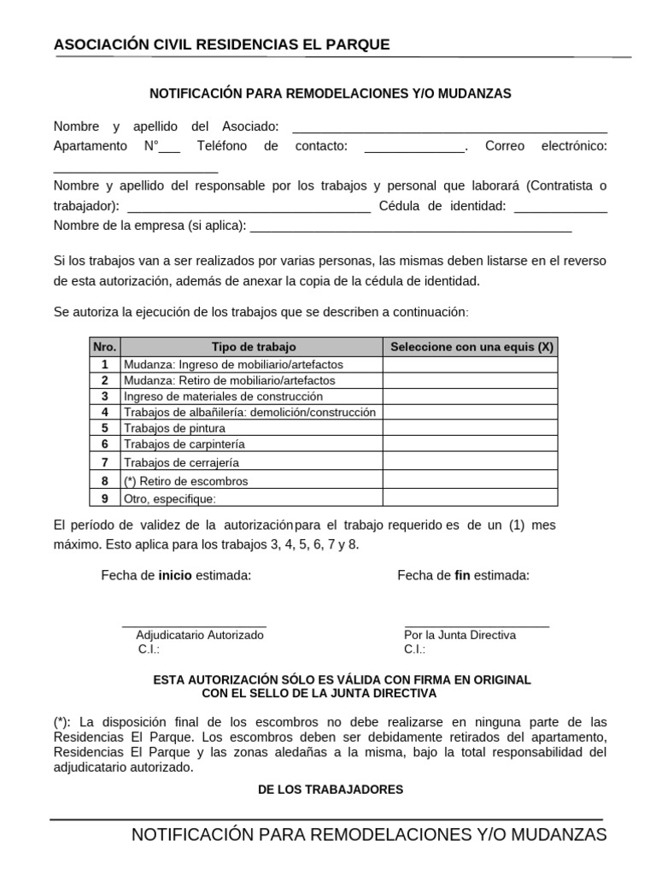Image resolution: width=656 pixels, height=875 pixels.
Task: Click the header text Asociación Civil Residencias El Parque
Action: point(221,44)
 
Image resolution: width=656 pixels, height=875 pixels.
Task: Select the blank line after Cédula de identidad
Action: point(561,210)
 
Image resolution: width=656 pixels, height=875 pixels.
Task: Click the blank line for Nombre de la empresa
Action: point(411,230)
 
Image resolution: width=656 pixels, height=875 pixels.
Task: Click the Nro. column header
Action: point(104,347)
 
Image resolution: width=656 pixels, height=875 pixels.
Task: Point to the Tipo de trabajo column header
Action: point(253,347)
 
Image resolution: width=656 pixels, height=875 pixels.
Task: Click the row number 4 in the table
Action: point(104,412)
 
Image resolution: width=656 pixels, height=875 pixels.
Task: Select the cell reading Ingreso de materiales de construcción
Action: point(224,396)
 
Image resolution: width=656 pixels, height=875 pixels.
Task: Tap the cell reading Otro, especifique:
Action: point(170,499)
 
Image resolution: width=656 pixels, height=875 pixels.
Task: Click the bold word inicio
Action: point(175,575)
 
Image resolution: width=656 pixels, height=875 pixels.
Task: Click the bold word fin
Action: point(462,575)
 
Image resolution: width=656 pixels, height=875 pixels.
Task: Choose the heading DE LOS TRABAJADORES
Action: point(331,790)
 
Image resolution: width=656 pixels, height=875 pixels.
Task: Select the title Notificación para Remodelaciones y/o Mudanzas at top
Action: point(331,93)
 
